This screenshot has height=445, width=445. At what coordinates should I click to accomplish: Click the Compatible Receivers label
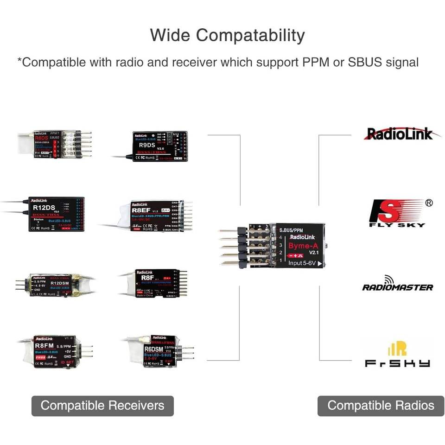[102, 406]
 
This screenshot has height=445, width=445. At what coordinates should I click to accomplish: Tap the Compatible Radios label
[381, 406]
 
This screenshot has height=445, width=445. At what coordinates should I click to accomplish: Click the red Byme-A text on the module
[303, 246]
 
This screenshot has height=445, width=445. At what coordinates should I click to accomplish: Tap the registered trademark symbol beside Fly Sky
[429, 203]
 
